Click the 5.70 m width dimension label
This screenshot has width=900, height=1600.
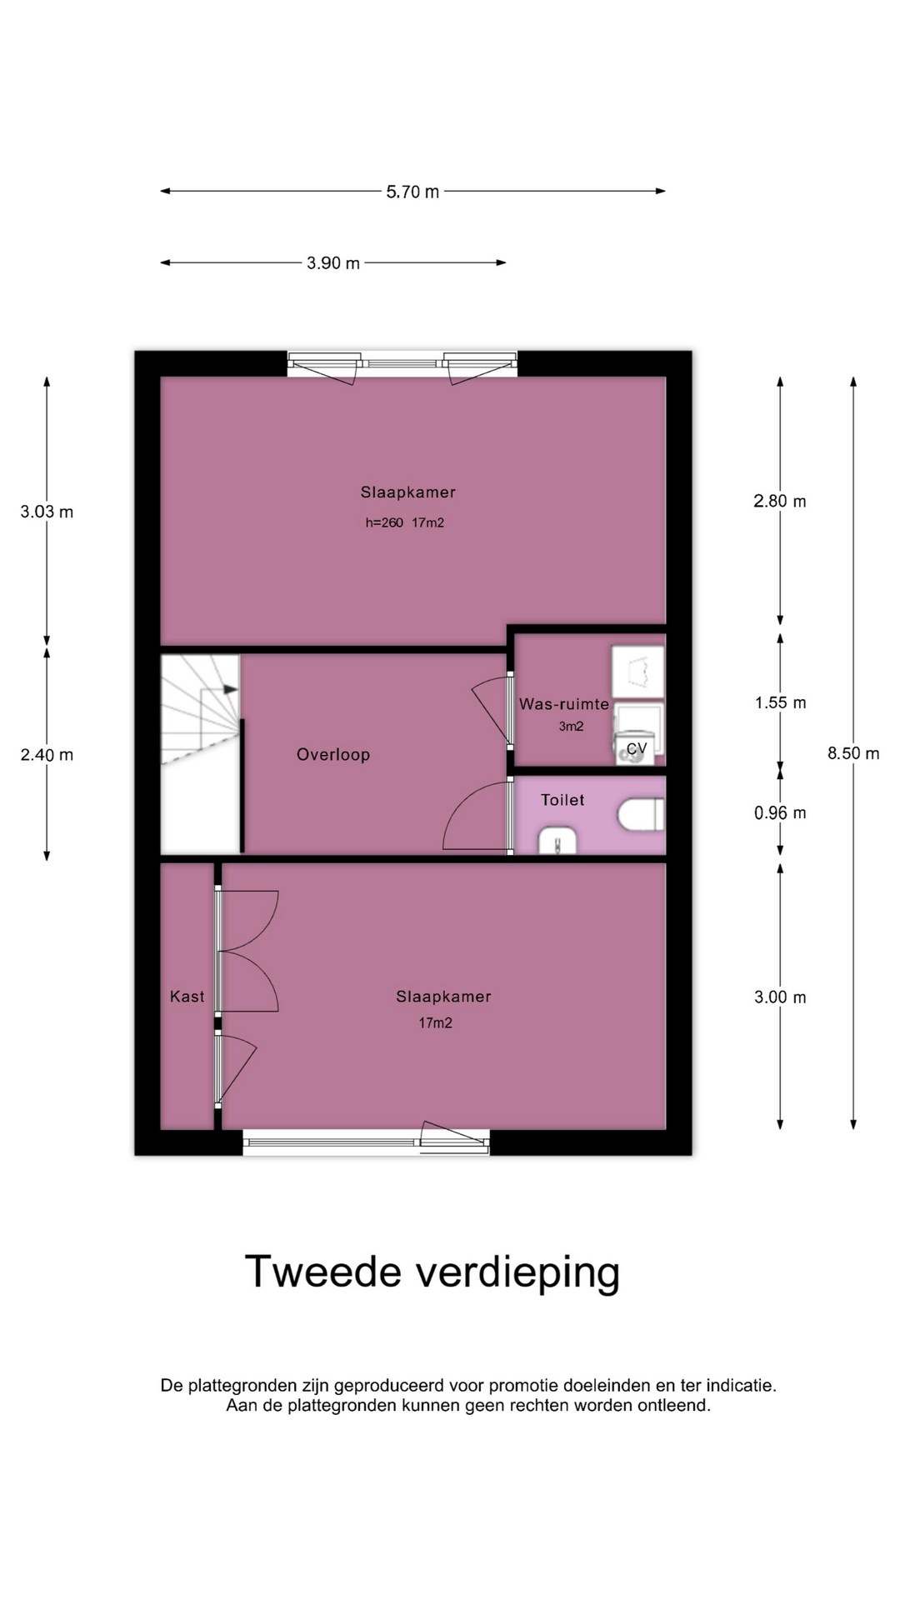coord(412,192)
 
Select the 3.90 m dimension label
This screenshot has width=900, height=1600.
coord(333,263)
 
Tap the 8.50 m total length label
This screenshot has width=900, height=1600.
coord(853,753)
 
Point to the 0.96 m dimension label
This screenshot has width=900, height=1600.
coord(780,812)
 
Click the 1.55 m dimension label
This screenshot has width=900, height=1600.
coord(781,702)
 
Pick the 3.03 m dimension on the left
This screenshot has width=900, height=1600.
coord(47,512)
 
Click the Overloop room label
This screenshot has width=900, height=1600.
coord(333,754)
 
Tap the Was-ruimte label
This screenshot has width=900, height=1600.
coord(564,704)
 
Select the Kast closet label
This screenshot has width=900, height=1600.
coord(187,996)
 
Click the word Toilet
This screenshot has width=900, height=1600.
coord(562,800)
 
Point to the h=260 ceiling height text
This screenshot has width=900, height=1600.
coord(384,523)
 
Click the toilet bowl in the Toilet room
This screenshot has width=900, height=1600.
coord(642,814)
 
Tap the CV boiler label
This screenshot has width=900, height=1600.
coord(637,748)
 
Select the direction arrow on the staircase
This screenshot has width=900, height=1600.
coord(230,689)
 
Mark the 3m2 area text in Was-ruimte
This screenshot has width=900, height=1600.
coord(571,727)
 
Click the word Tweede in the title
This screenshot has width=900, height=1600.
coord(323,1272)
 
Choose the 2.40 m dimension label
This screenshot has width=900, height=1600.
coord(47,755)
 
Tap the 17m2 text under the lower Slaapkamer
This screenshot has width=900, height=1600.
coord(435,1023)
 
